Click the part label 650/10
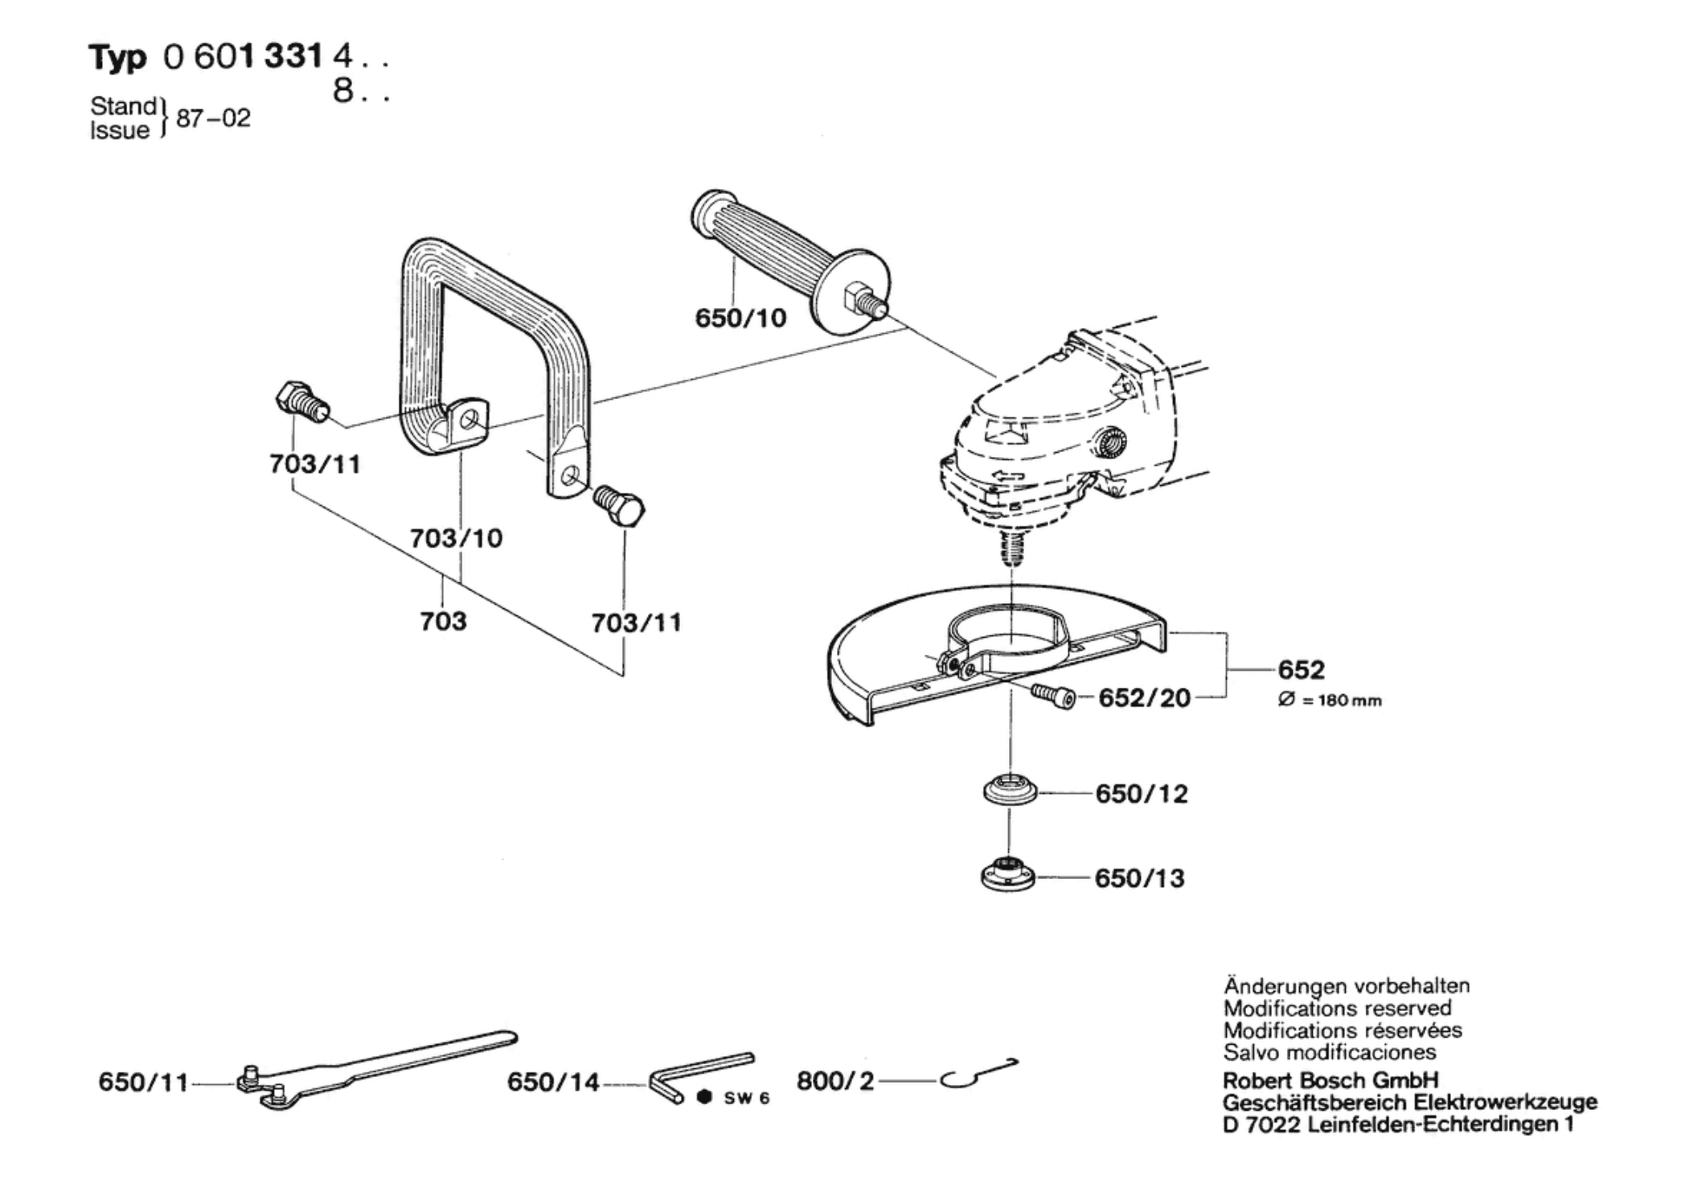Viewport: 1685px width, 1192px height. point(740,319)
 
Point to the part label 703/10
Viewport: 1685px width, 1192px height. point(456,538)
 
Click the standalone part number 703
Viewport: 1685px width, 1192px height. point(443,621)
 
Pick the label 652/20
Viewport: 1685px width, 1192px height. point(1144,697)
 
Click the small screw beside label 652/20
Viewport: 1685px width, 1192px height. point(1053,696)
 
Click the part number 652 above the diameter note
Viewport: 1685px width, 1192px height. point(1301,669)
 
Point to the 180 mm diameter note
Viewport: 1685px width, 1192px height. point(1330,701)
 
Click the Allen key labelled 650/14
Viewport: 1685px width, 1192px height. point(699,1074)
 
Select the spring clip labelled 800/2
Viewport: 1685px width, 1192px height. point(977,1074)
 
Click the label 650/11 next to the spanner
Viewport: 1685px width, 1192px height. point(143,1082)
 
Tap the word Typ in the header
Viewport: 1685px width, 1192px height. point(117,58)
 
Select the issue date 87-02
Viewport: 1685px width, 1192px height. point(213,118)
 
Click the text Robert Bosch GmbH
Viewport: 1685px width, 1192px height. point(1330,1080)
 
